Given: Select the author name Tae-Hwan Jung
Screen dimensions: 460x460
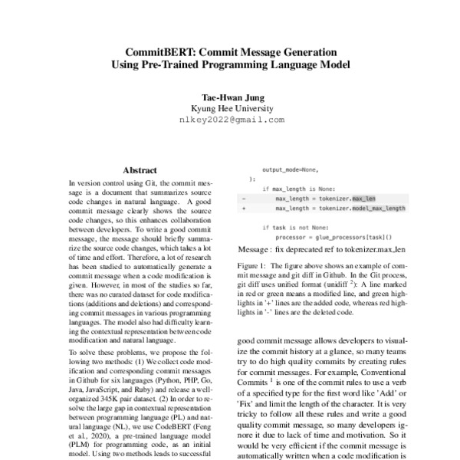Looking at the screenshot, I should [x=231, y=97].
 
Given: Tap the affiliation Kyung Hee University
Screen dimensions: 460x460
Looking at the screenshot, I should [x=231, y=108].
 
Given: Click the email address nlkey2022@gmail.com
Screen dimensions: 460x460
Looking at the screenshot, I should [x=231, y=120].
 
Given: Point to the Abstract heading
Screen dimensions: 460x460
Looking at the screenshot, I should [x=140, y=169].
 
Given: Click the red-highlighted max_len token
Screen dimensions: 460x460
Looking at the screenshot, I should [x=363, y=198].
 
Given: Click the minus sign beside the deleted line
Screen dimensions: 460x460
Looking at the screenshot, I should [x=243, y=198].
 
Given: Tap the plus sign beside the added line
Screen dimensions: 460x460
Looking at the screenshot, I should [x=243, y=208].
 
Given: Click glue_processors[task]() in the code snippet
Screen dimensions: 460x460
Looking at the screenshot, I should [x=356, y=238].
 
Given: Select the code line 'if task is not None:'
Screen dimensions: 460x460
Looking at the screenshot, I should [x=295, y=228].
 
